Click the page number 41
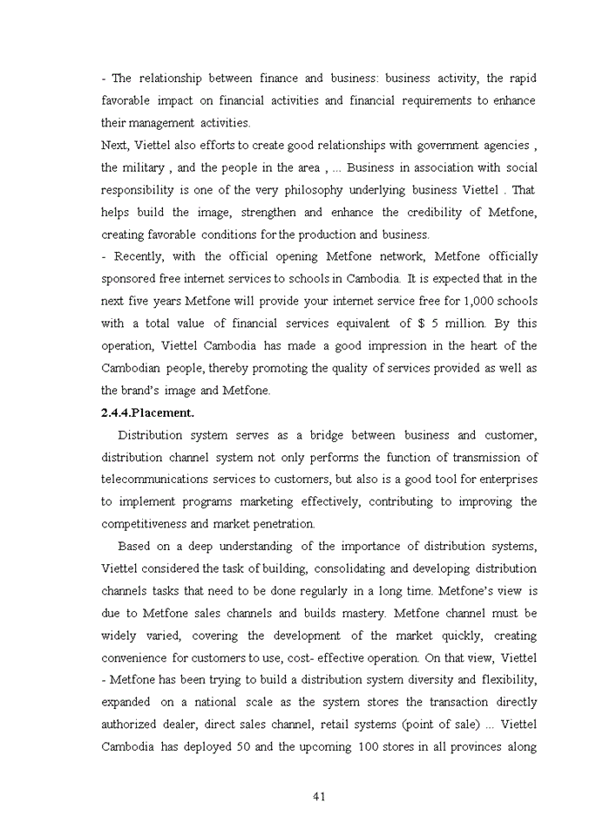pos(318,796)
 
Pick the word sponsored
pos(131,279)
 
